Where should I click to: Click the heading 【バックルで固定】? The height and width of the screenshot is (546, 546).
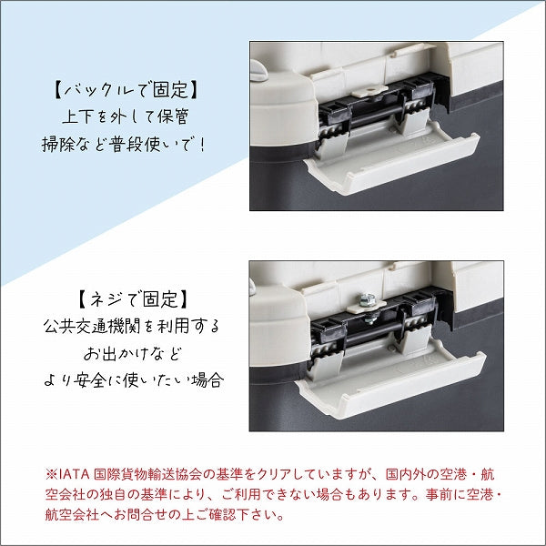click(x=126, y=90)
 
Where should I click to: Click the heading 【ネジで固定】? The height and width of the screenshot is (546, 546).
click(x=132, y=299)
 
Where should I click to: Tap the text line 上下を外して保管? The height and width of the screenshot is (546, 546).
click(x=126, y=116)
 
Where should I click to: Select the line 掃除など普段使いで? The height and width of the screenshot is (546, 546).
click(x=124, y=144)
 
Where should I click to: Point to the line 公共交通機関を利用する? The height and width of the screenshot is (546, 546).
click(x=132, y=327)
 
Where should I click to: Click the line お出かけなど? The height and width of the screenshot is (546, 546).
click(x=133, y=353)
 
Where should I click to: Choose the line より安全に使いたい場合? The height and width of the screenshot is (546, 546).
click(x=134, y=379)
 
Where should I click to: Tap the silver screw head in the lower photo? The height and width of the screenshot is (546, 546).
click(x=366, y=299)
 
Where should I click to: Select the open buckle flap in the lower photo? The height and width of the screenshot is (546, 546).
click(x=390, y=383)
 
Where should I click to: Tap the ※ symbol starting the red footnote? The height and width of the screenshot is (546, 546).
click(x=51, y=475)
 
